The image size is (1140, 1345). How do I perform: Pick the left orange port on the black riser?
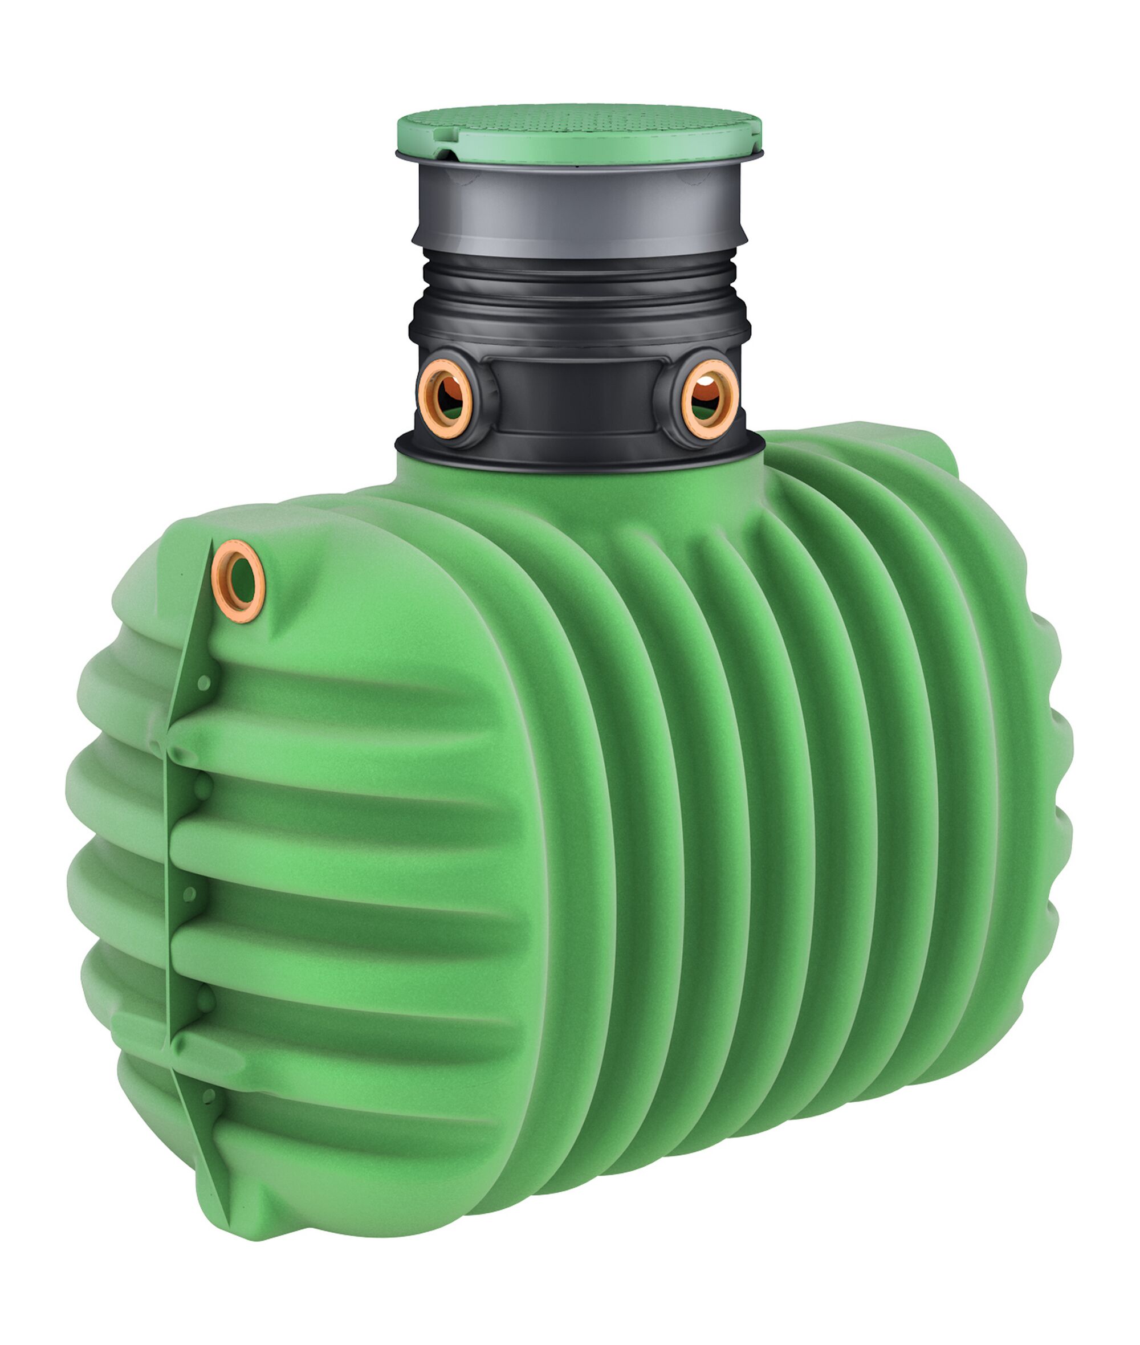pos(445,397)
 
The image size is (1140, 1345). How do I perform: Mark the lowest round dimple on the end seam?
pos(208,1095)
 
